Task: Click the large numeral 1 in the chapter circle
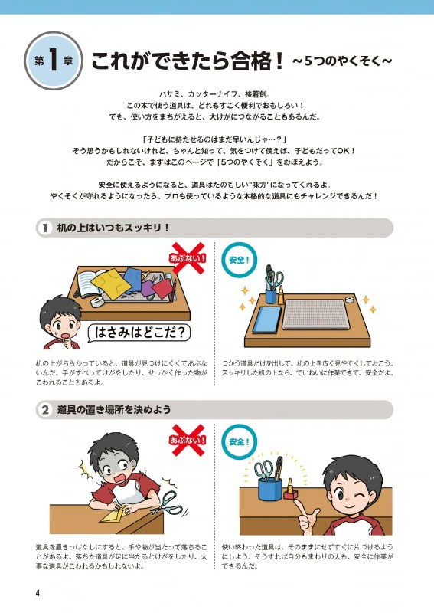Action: tap(54, 61)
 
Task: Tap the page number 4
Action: tap(38, 593)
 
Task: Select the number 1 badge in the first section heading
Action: tap(45, 228)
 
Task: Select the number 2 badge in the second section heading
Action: tap(45, 410)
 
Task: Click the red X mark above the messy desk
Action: tap(188, 257)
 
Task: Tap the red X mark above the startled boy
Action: tap(188, 440)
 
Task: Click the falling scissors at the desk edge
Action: tap(168, 503)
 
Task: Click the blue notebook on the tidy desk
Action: tap(267, 320)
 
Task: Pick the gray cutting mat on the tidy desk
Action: tap(315, 315)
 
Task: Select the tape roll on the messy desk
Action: tap(96, 302)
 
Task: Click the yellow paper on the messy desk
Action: tap(110, 283)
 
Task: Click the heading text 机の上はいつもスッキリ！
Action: tap(113, 228)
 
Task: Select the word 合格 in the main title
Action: tap(246, 61)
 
